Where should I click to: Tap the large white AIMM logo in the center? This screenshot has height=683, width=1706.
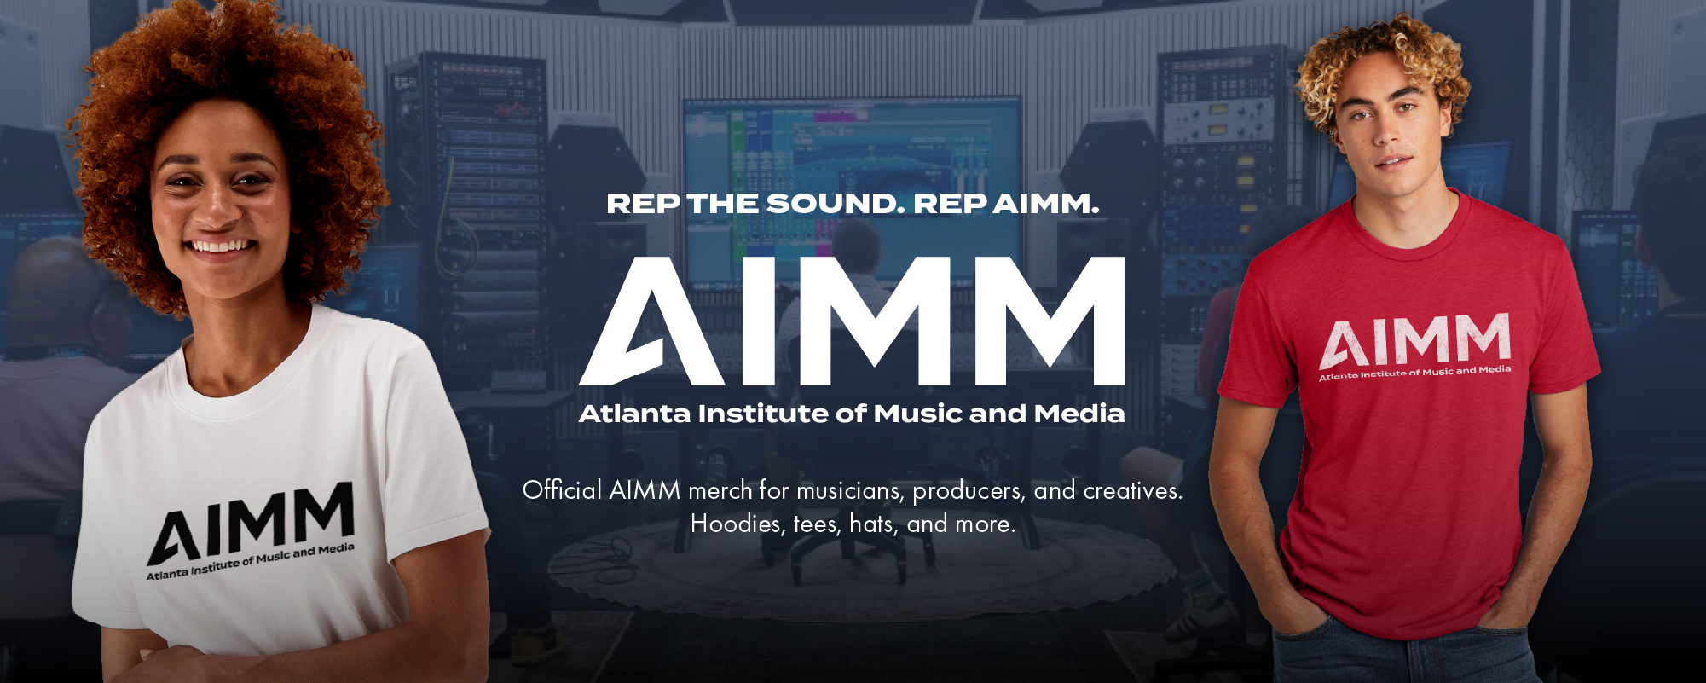click(853, 321)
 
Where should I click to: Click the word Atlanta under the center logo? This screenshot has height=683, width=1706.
click(634, 414)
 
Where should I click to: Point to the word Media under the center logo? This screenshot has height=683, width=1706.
click(1079, 414)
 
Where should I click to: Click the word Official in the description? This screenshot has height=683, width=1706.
click(563, 490)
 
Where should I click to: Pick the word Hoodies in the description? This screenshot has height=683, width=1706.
click(737, 524)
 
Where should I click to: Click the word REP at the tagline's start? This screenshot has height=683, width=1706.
click(643, 204)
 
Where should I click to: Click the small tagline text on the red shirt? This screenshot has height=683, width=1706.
click(1415, 373)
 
